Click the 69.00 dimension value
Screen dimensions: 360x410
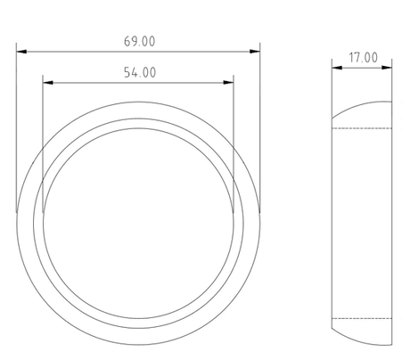click(138, 41)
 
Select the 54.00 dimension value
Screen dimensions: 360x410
click(138, 73)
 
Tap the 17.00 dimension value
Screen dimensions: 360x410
click(362, 57)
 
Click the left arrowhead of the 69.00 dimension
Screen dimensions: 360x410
click(21, 52)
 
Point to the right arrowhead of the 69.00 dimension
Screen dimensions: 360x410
click(255, 52)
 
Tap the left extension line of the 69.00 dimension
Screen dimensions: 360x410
click(17, 134)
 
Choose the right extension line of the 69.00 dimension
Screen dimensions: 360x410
click(259, 134)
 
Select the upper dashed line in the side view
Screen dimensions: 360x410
click(362, 129)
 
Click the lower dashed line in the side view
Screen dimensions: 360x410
click(362, 318)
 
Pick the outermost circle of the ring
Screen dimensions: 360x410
click(138, 343)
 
